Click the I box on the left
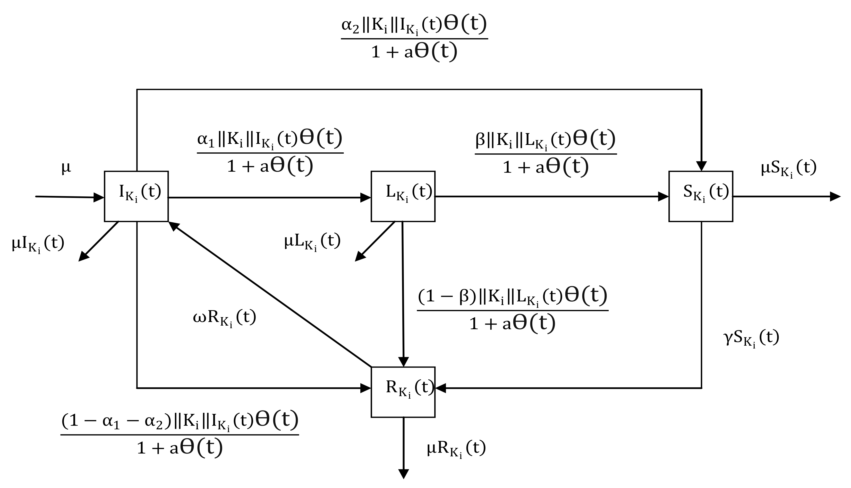point(136,196)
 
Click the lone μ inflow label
point(66,168)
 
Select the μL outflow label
point(312,241)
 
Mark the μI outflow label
point(38,244)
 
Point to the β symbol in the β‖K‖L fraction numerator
point(480,140)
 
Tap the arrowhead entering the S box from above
point(701,166)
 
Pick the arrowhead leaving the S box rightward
point(835,196)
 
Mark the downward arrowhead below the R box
point(403,474)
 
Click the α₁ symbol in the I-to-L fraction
point(206,139)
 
